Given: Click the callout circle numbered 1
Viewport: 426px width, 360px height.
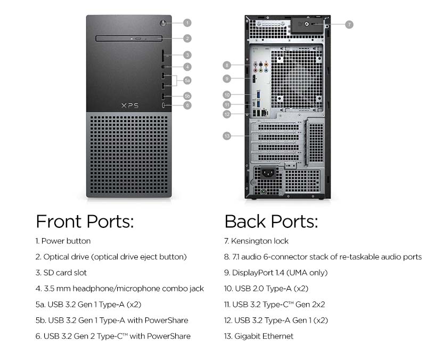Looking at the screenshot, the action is pyautogui.click(x=187, y=23).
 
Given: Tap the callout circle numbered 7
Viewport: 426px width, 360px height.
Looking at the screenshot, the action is pyautogui.click(x=349, y=24).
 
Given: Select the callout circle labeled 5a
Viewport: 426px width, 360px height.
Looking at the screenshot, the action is pyautogui.click(x=187, y=80).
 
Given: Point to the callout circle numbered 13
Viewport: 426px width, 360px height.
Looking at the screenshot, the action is pyautogui.click(x=227, y=136).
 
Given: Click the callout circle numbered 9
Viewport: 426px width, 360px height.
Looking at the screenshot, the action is pyautogui.click(x=227, y=79).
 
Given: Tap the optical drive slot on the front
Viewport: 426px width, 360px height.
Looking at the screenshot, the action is pyautogui.click(x=129, y=38).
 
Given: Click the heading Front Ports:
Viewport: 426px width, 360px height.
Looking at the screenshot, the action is pyautogui.click(x=85, y=221).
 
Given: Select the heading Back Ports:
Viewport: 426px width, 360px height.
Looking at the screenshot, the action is pyautogui.click(x=271, y=221).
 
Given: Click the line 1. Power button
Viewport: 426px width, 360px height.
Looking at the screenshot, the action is pyautogui.click(x=63, y=241).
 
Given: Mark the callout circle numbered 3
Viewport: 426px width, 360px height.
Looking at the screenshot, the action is pyautogui.click(x=187, y=55).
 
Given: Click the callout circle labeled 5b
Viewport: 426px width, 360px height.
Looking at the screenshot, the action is pyautogui.click(x=187, y=96).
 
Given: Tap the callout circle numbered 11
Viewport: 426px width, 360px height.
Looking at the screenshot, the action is pyautogui.click(x=227, y=105).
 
